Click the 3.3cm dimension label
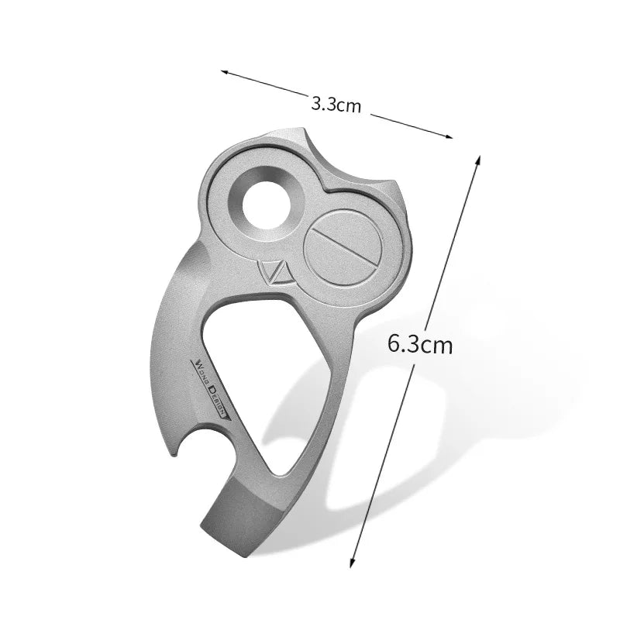tap(336, 104)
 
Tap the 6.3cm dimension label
tap(419, 343)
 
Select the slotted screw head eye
tap(339, 248)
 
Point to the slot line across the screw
tap(339, 248)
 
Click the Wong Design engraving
tap(210, 388)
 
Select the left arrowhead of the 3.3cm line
tap(225, 73)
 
